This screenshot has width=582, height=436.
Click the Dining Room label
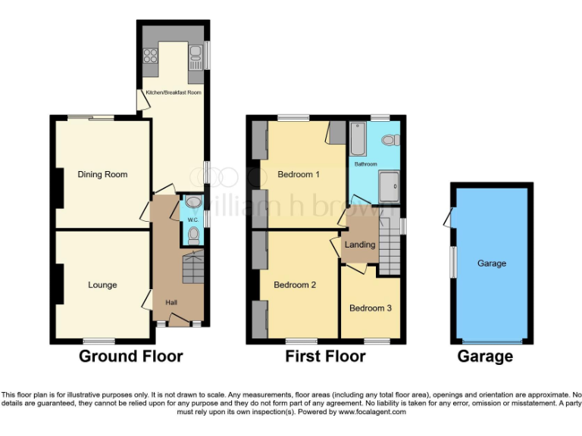point(102,174)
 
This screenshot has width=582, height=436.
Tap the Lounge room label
point(102,285)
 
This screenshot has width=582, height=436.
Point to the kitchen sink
point(196,53)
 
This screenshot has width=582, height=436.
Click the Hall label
point(171,303)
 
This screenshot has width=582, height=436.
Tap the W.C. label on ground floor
point(193,220)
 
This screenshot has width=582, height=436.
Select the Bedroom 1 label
point(298,174)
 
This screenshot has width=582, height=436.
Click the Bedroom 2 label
point(295,285)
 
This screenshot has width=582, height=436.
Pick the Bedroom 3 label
point(371,308)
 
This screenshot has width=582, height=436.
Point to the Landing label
point(360,244)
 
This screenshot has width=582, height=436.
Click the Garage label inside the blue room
point(492,263)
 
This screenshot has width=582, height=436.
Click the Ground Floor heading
point(130,356)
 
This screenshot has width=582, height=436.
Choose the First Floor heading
point(325,356)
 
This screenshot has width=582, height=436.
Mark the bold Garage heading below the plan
point(485,356)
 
